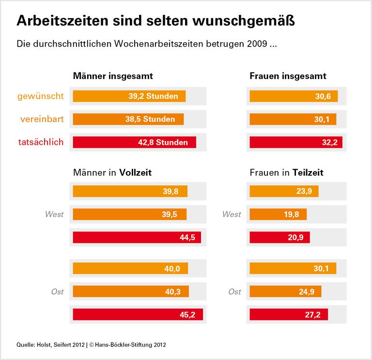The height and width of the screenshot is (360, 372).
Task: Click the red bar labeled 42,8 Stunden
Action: (134, 142)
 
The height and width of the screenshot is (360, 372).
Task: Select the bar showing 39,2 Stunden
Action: (129, 96)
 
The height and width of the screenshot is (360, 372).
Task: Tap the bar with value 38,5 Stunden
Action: (128, 119)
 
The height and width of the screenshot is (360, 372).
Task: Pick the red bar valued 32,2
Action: (296, 142)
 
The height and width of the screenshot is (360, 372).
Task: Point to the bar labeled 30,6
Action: (294, 96)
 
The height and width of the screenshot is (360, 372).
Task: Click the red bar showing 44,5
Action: (137, 237)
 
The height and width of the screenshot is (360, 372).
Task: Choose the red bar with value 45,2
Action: (138, 314)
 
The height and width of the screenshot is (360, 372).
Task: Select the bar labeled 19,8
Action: (278, 214)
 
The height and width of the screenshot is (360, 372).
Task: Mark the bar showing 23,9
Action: (284, 191)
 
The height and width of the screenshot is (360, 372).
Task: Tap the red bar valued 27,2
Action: (289, 314)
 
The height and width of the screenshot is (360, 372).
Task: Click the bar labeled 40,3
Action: (131, 291)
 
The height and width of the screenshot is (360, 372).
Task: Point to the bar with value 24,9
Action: (285, 291)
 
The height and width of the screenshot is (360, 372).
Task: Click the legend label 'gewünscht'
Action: (40, 96)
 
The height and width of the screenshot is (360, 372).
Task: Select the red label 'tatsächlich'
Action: (41, 142)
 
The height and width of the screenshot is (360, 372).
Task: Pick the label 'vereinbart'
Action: (42, 119)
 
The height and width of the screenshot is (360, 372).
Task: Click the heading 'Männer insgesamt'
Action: (113, 76)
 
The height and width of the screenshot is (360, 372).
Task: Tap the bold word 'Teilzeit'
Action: (308, 172)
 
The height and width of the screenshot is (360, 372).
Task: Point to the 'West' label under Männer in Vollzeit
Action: (54, 214)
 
